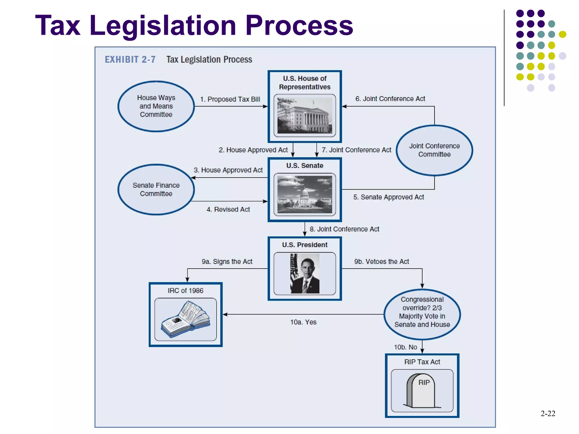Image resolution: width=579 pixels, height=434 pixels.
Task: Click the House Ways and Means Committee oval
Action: (x=156, y=106)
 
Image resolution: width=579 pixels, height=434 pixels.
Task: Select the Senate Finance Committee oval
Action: (x=156, y=190)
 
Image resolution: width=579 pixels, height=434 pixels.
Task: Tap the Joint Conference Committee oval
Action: (x=434, y=150)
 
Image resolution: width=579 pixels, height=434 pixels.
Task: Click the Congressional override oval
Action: (x=422, y=314)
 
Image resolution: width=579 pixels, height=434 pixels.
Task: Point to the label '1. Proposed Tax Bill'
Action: (x=230, y=99)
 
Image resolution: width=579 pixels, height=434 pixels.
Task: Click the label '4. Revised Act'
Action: (x=228, y=210)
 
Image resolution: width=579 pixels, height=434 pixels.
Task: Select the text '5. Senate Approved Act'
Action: (x=388, y=197)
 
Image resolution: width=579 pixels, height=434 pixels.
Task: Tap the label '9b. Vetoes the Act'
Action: (x=381, y=262)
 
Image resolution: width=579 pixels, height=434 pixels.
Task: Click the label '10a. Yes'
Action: (x=303, y=322)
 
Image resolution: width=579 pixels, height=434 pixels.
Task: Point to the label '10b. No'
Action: (x=405, y=347)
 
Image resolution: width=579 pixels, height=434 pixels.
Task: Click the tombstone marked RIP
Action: (x=421, y=391)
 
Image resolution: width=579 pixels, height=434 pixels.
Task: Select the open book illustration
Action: (x=186, y=319)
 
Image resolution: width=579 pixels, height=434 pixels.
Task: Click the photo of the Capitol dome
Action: (x=305, y=194)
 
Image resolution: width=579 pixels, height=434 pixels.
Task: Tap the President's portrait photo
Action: (x=305, y=274)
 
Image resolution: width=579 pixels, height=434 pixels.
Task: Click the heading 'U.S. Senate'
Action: (x=304, y=166)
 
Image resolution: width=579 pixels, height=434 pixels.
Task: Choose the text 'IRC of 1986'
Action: (x=185, y=291)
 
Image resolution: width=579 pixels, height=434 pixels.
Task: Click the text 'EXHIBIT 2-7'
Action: (x=130, y=60)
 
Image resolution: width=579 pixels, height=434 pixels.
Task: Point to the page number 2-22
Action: (x=548, y=414)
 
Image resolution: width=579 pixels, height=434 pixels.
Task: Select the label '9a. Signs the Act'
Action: (x=227, y=262)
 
